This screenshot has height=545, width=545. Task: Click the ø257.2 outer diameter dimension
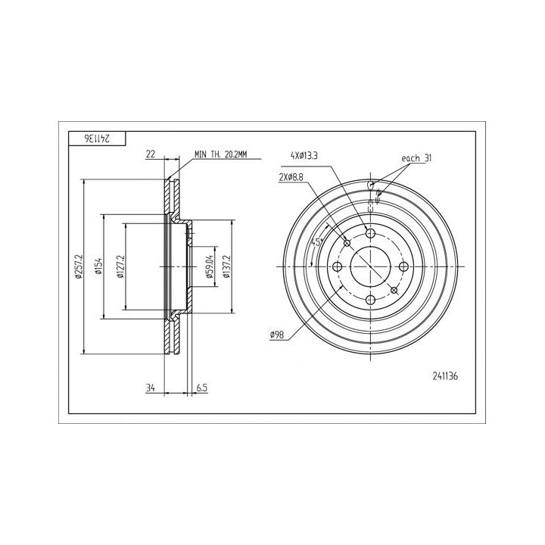tap(79, 266)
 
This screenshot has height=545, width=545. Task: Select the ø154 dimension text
tap(99, 266)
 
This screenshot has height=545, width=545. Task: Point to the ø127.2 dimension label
tap(120, 266)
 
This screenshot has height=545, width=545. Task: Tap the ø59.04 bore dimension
tap(209, 266)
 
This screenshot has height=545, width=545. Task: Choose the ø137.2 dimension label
tap(226, 266)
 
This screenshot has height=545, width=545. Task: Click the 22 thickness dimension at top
tap(150, 154)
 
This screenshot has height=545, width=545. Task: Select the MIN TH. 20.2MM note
tap(221, 154)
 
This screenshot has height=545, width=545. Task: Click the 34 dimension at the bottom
tap(150, 388)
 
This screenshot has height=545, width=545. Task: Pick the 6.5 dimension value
tap(202, 388)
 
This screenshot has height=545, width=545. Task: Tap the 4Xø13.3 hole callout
tap(304, 156)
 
